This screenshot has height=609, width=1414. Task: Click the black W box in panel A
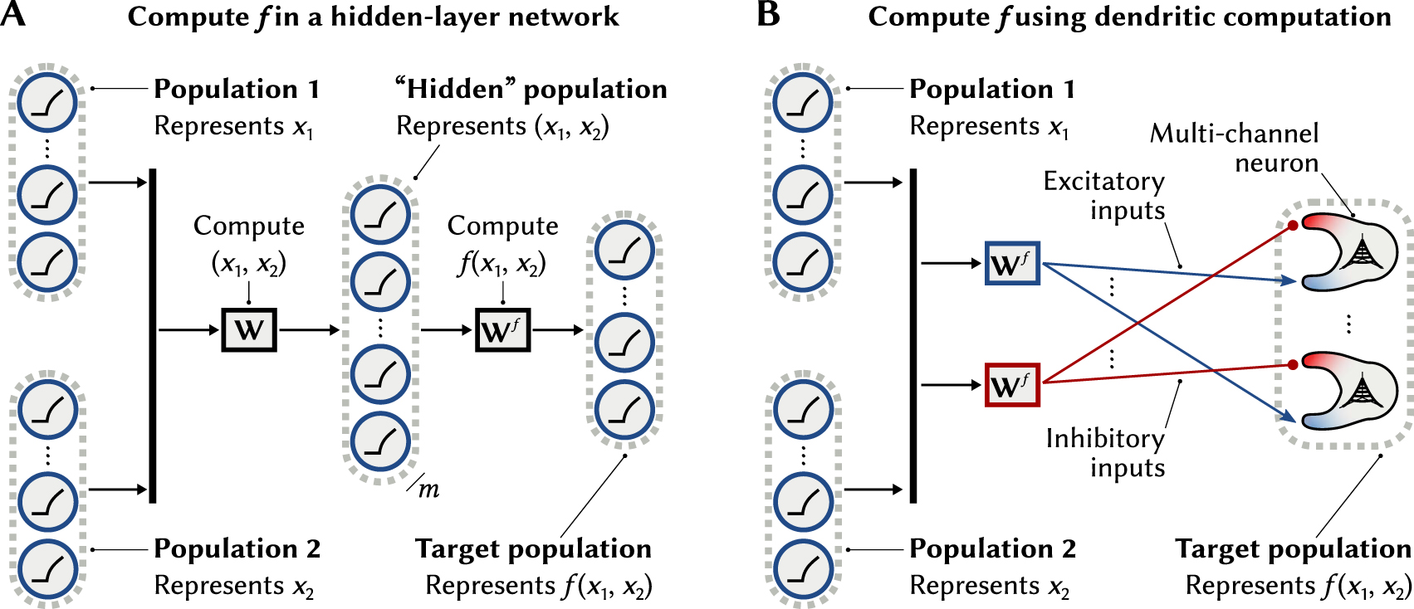248,330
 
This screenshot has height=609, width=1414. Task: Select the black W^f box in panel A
502,330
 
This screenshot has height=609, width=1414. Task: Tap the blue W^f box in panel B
1011,264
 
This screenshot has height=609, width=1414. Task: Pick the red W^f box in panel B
1011,385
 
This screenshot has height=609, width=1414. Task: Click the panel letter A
13,15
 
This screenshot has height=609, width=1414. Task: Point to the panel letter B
768,15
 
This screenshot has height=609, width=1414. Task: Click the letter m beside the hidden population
428,490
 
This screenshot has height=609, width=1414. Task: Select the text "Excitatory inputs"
1104,196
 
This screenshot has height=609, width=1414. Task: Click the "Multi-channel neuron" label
1235,148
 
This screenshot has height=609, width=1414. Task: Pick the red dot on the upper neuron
1293,225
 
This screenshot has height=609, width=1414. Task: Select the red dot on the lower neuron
1293,364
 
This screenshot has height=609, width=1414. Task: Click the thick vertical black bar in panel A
153,335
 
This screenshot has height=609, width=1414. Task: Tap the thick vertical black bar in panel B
913,335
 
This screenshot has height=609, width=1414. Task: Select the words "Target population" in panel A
533,549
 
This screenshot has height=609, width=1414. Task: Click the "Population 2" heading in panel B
992,549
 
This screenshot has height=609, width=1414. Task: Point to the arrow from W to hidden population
309,330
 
